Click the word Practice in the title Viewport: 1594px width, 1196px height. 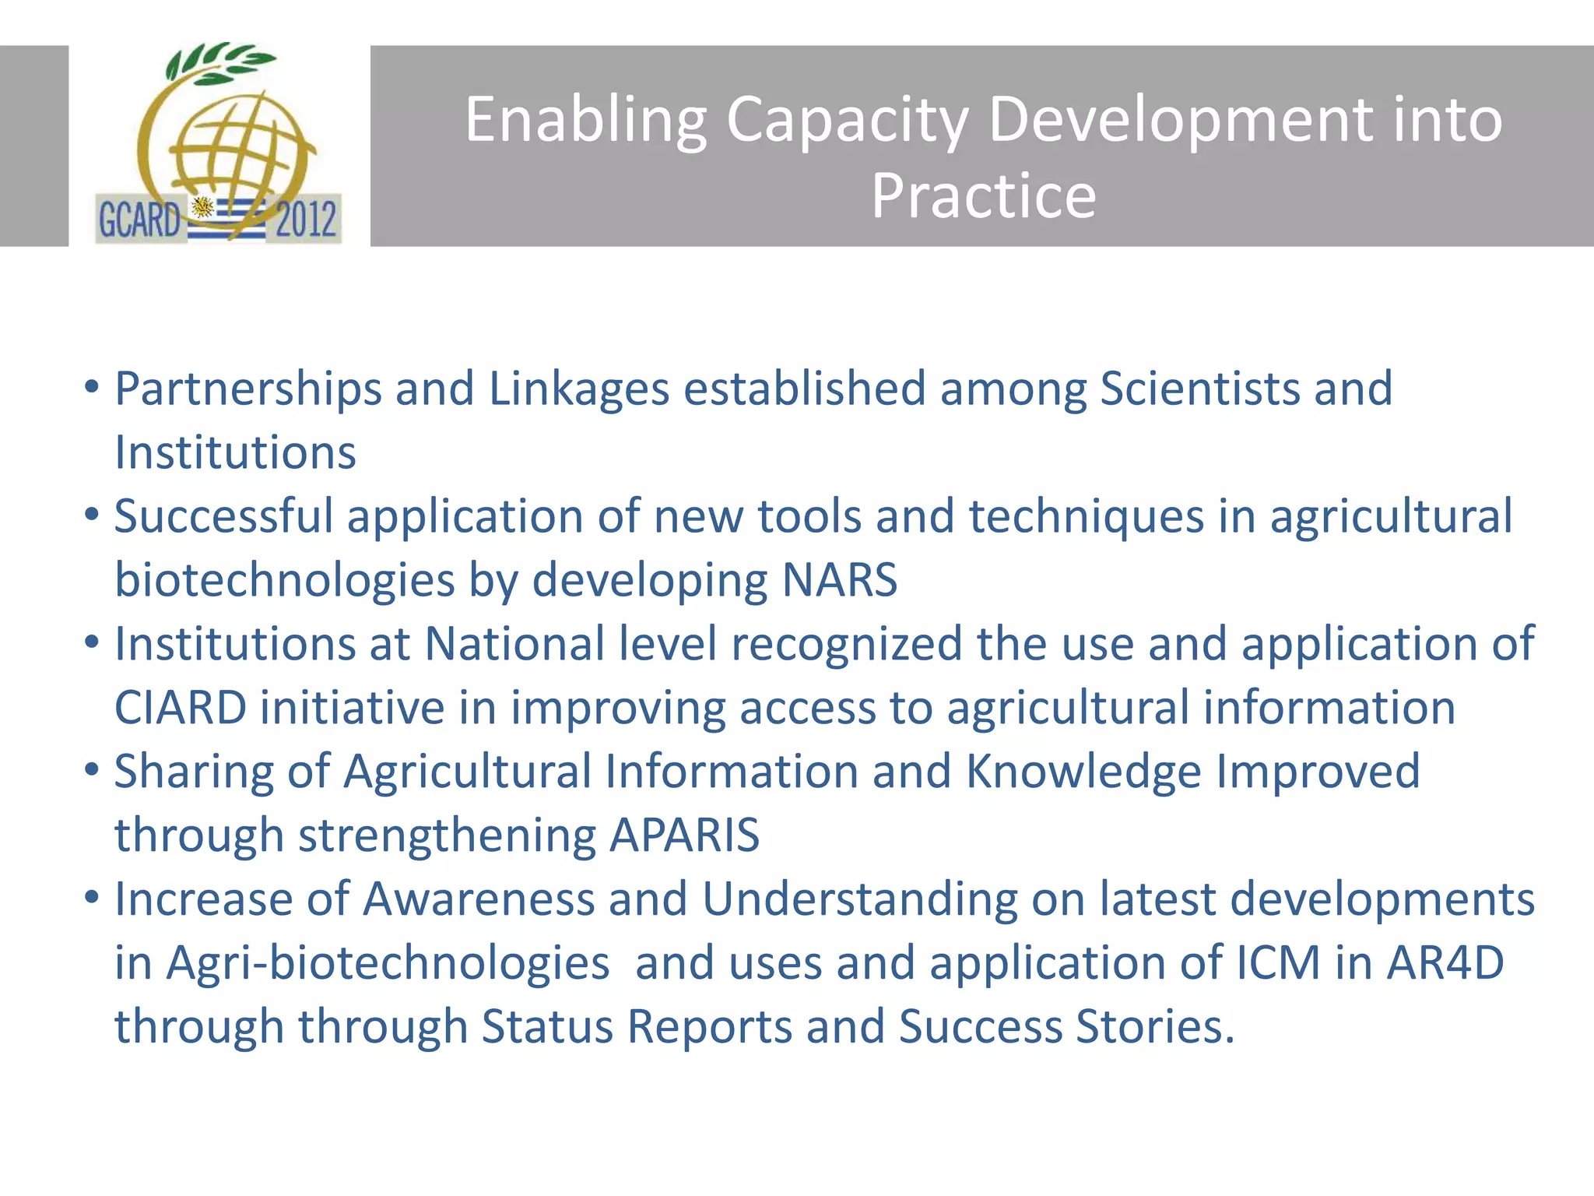click(983, 196)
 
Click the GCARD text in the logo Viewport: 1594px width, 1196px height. click(139, 220)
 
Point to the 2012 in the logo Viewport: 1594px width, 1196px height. click(306, 220)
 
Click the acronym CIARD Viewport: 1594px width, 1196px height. click(181, 708)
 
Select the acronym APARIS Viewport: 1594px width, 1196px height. click(684, 835)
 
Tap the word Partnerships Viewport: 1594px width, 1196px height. click(248, 389)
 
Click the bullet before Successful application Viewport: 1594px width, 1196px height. click(92, 515)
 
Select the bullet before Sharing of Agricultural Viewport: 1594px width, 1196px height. click(92, 770)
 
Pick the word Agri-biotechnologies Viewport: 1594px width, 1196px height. click(388, 963)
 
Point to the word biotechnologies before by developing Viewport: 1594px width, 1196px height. click(284, 580)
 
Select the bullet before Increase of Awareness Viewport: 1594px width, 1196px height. click(92, 898)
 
